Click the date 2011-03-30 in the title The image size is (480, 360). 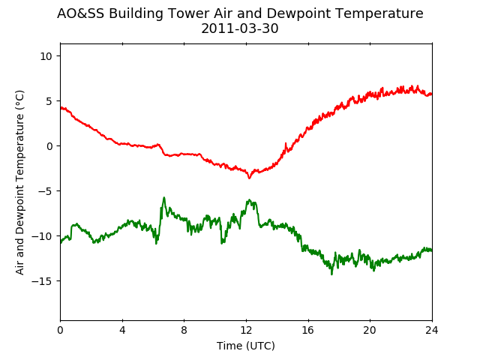[240, 28]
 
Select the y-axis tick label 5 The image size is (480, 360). [49, 101]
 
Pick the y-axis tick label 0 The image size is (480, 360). [49, 146]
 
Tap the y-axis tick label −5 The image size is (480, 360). [46, 191]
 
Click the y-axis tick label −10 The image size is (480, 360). [43, 236]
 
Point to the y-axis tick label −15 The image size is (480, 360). [43, 281]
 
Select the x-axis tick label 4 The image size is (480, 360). [122, 330]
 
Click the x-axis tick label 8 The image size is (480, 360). [184, 330]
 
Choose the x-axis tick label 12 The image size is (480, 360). [247, 330]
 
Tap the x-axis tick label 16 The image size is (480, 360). [308, 330]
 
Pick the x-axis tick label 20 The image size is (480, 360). [370, 330]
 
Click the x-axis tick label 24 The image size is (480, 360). [432, 330]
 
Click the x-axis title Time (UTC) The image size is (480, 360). [246, 346]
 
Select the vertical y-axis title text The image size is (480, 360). [19, 182]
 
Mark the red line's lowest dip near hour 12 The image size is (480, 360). [249, 178]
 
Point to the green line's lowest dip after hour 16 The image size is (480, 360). [331, 274]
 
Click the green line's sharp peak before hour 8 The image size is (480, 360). [164, 198]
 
